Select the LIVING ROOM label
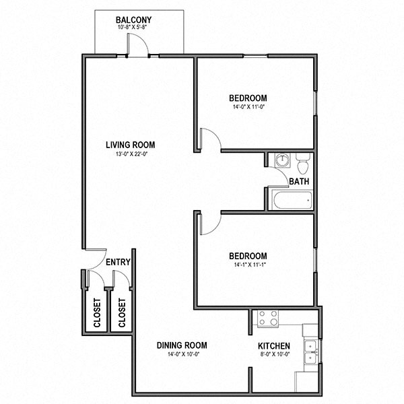click(130, 145)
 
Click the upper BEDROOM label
click(248, 98)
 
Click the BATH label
click(299, 182)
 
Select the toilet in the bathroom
click(302, 163)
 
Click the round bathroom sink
click(281, 160)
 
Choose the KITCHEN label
click(274, 346)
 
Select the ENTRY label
click(118, 263)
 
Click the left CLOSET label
click(97, 312)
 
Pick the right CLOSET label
click(122, 312)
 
